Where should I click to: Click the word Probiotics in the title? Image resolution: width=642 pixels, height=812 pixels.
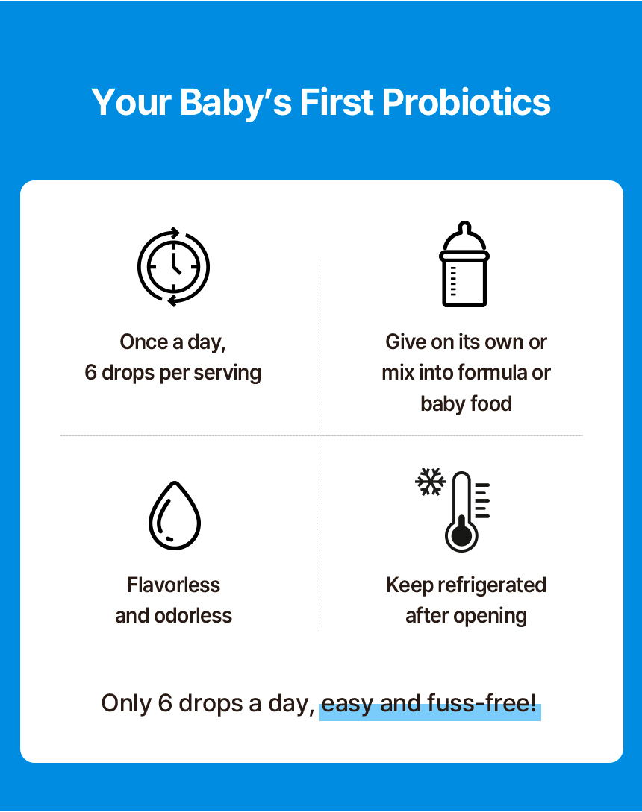click(467, 101)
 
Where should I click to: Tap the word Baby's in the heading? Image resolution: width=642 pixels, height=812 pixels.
click(236, 103)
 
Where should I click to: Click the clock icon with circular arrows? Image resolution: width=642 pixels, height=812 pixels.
click(173, 267)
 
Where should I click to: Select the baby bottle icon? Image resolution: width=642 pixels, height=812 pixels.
click(464, 264)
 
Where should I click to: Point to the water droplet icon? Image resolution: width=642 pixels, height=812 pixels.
click(174, 515)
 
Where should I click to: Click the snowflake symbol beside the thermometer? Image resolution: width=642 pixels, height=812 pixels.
click(431, 482)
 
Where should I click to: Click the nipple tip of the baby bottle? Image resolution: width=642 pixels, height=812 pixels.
click(464, 227)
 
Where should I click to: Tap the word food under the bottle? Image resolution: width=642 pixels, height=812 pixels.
click(490, 403)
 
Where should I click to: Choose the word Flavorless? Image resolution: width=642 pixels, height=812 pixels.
click(174, 585)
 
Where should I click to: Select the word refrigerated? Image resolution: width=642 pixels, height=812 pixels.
click(492, 585)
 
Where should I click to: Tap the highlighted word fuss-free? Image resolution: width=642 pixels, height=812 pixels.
click(481, 703)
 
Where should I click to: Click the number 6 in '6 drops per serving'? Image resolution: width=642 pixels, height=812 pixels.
click(91, 373)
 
